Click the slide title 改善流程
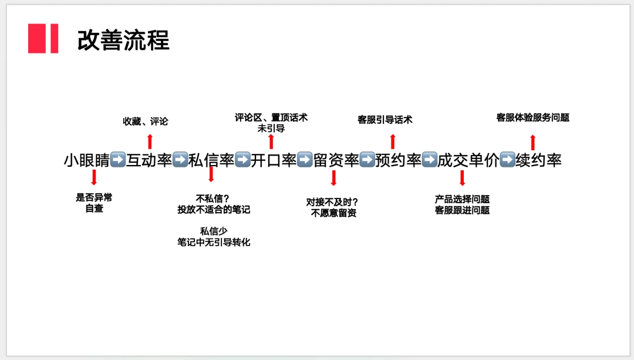123,40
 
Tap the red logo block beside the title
43,39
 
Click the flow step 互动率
149,160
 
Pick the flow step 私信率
211,160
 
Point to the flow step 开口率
274,160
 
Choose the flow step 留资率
336,160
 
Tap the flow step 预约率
399,160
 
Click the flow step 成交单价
468,160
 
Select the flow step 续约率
538,160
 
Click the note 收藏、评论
145,122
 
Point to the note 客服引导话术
385,120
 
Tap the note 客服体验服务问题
533,117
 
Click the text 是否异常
94,198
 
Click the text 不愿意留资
333,213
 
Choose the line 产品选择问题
463,199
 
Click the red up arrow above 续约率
533,142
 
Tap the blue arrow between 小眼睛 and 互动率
118,160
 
